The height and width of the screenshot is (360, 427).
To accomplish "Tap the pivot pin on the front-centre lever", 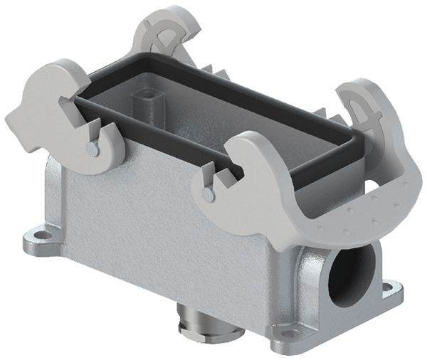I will click(x=208, y=193).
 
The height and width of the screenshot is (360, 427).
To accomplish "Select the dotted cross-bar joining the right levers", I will click(x=356, y=213).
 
